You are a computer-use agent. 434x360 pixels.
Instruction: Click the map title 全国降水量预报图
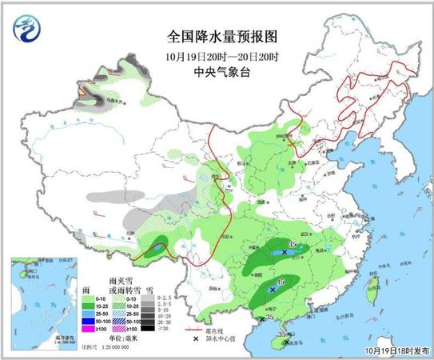tap(216, 36)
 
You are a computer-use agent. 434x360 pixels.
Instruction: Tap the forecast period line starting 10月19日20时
tap(216, 55)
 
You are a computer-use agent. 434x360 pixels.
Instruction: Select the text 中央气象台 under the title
tap(216, 71)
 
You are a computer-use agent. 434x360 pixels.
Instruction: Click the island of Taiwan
tap(370, 294)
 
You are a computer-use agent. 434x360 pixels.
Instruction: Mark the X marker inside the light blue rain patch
tap(285, 252)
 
